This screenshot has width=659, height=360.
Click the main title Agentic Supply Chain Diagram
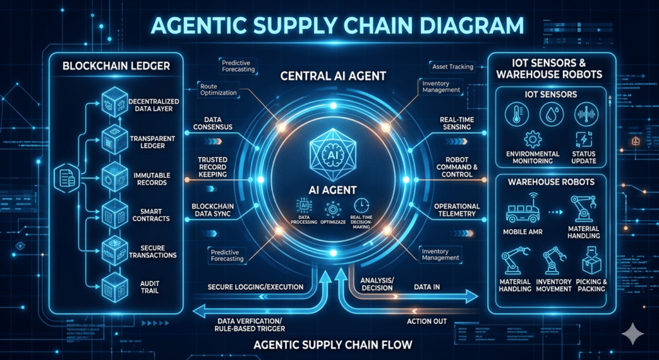329,25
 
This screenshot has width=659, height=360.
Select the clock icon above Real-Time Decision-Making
361,207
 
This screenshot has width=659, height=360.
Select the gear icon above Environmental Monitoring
532,139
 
